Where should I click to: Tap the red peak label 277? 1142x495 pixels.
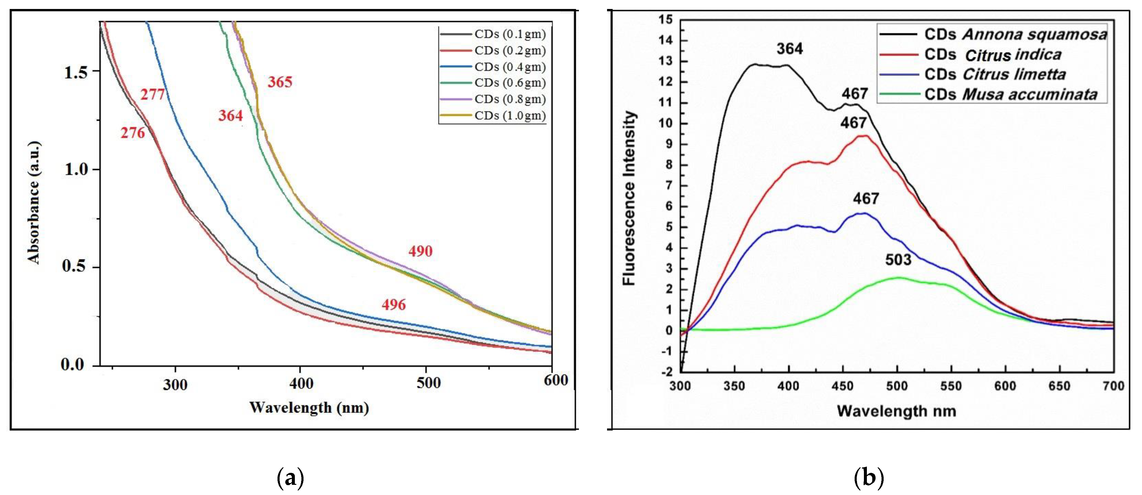(153, 95)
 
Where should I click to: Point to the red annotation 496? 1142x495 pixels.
(394, 305)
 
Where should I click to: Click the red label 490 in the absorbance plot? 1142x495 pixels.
(420, 251)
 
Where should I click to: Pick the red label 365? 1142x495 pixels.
(280, 82)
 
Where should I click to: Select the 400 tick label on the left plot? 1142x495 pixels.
(301, 383)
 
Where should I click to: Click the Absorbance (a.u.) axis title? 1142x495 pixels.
(34, 202)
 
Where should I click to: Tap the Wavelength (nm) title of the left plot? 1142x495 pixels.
(309, 407)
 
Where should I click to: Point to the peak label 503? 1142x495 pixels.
(898, 260)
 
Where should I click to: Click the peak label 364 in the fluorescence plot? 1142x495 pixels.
(789, 49)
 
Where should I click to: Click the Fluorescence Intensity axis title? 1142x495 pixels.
(629, 198)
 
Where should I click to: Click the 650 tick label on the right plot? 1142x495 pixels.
(1059, 386)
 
